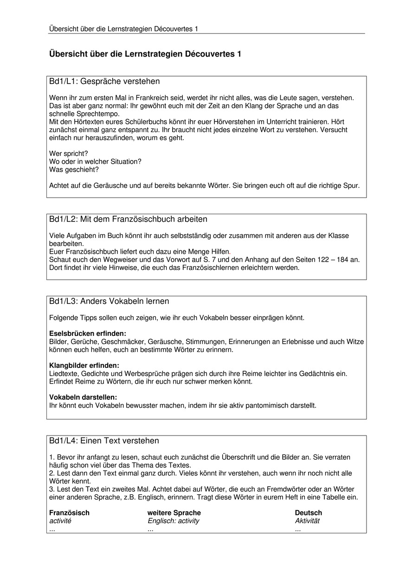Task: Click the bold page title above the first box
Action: [x=145, y=54]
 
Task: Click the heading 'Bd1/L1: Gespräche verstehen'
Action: [x=104, y=82]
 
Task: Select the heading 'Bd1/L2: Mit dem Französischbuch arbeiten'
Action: [x=128, y=219]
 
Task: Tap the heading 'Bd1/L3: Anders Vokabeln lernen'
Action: [x=109, y=302]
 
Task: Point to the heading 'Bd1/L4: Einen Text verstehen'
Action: [x=104, y=441]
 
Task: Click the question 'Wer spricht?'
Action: [x=69, y=154]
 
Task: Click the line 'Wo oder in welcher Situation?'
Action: [x=95, y=161]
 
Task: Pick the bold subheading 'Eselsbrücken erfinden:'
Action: [x=88, y=334]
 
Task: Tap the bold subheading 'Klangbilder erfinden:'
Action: [x=84, y=366]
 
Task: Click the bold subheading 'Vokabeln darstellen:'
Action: [x=83, y=398]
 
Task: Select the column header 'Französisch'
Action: [x=69, y=513]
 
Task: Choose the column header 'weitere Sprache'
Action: [x=174, y=513]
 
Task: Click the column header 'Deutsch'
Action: [x=308, y=513]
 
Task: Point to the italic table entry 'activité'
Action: [x=60, y=521]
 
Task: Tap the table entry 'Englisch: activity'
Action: [x=173, y=521]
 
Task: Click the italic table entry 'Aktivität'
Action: [x=307, y=521]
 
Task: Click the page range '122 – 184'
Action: [x=333, y=260]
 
